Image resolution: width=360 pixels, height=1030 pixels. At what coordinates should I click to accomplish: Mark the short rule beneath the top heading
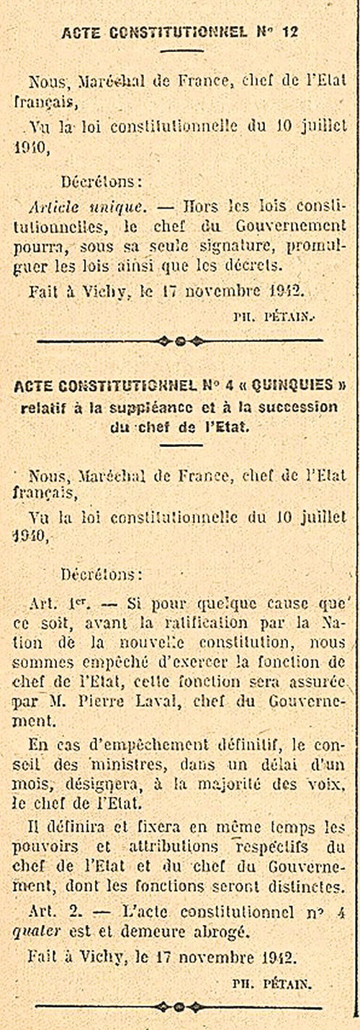(x=180, y=50)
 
